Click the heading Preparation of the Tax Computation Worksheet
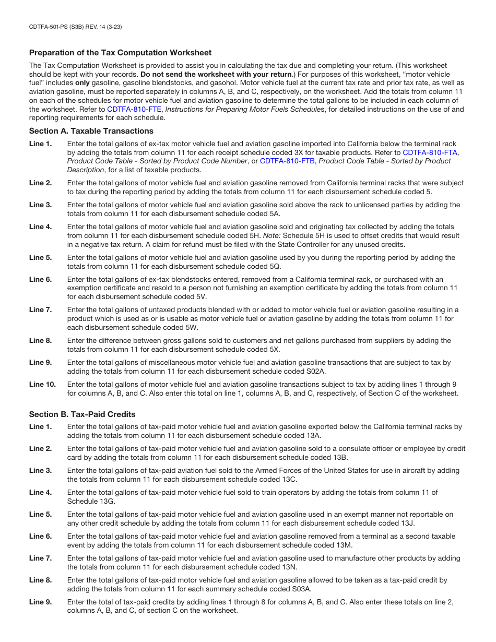click(x=120, y=53)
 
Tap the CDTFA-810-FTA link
click(x=430, y=152)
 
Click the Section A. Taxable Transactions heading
click(x=91, y=131)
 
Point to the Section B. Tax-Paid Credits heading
click(x=82, y=414)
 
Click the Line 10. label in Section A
click(x=42, y=385)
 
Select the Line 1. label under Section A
click(x=40, y=144)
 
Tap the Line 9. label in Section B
click(x=40, y=602)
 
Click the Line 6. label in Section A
click(x=40, y=280)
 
